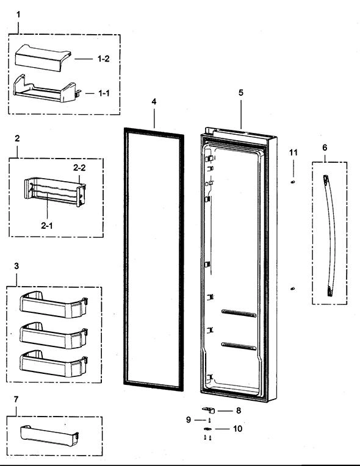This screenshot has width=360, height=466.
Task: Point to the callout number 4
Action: point(154,102)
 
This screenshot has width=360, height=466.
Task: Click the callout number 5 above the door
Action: point(240,93)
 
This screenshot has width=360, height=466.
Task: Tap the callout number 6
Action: point(325,148)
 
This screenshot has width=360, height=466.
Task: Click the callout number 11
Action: point(293,152)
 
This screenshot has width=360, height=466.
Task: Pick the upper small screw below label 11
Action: point(293,181)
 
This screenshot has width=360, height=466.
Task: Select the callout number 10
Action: point(237,429)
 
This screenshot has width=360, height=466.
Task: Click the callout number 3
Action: point(16,267)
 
